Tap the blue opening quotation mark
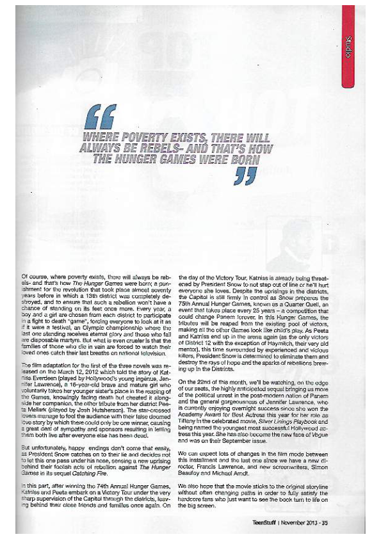[x=101, y=115]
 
